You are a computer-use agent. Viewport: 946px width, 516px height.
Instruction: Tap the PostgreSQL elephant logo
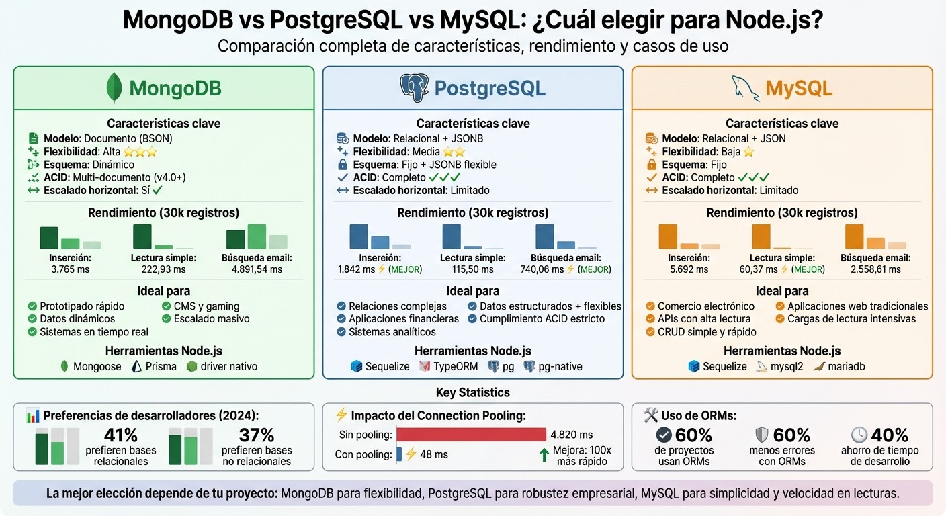414,88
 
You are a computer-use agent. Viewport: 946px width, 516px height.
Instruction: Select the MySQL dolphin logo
745,88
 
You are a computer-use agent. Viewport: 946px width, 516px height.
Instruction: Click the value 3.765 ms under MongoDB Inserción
70,269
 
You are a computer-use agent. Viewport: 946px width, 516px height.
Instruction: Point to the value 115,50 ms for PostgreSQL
473,269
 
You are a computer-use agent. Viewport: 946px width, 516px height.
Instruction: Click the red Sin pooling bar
472,435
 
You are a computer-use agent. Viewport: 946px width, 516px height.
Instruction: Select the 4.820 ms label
571,435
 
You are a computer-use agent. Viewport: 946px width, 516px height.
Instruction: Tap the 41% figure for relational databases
121,435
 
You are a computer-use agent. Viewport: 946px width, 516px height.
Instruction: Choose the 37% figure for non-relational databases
257,435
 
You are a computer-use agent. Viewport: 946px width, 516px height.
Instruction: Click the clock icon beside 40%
859,435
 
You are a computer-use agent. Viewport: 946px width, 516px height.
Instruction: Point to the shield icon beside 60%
761,435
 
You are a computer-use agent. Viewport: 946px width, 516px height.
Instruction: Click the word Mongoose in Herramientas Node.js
97,367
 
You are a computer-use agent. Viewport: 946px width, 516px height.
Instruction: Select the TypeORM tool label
456,367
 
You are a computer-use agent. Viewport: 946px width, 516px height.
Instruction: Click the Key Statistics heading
473,392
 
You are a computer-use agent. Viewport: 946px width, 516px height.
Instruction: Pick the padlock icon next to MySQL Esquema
651,165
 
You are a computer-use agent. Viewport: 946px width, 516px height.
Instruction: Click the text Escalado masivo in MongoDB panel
212,319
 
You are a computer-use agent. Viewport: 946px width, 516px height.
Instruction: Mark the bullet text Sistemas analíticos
392,332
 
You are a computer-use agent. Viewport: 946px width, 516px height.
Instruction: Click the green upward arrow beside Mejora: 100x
544,455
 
